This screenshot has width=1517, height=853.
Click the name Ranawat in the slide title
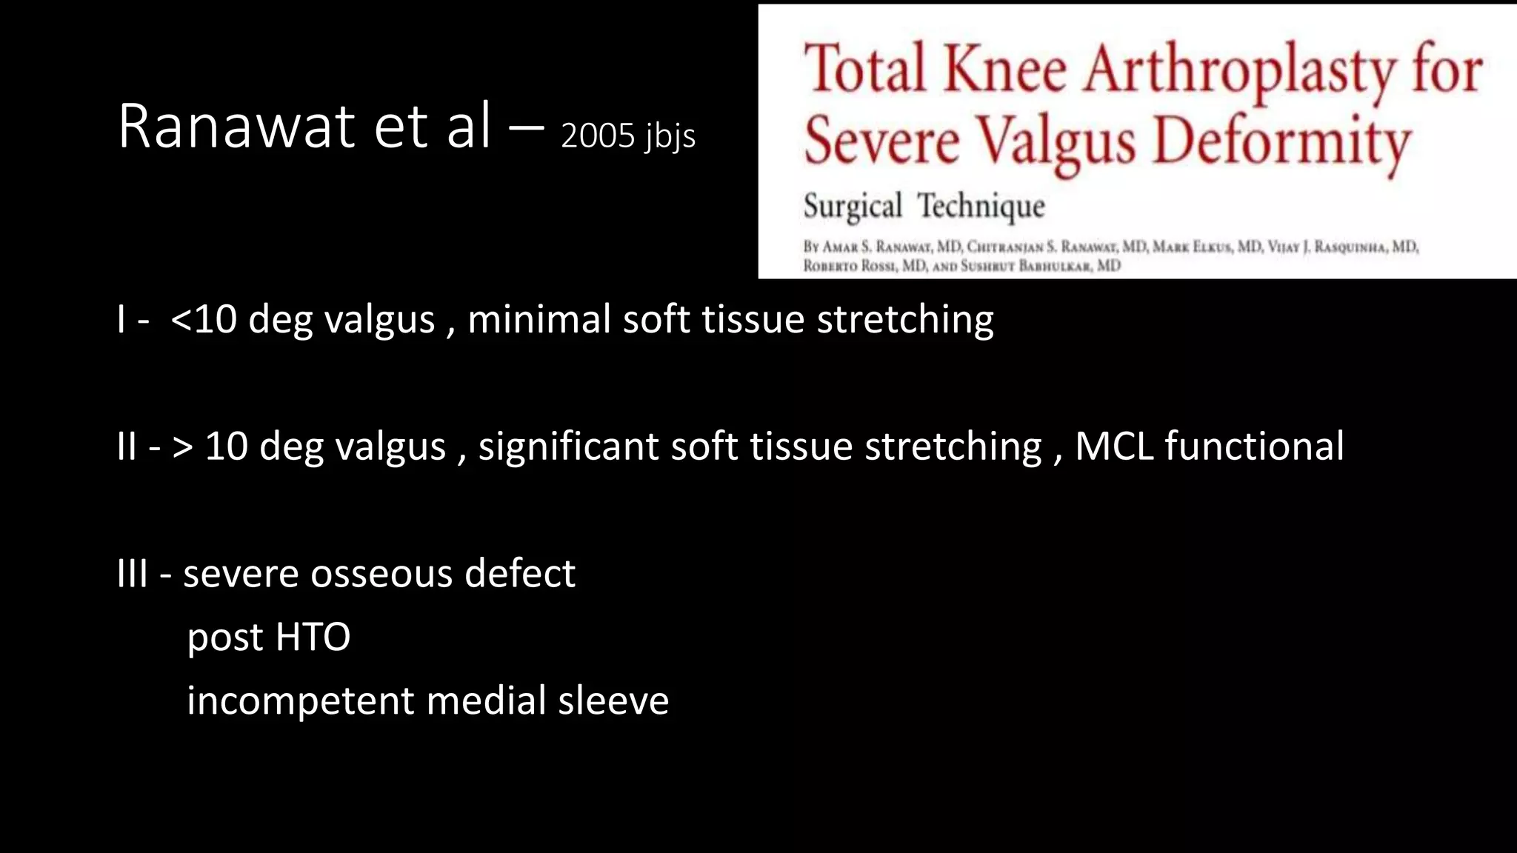coord(236,127)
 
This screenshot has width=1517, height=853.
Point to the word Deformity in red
coord(1282,142)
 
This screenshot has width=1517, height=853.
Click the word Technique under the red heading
coord(981,207)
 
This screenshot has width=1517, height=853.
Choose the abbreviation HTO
coord(313,638)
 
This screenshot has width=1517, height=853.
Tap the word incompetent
coord(300,701)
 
